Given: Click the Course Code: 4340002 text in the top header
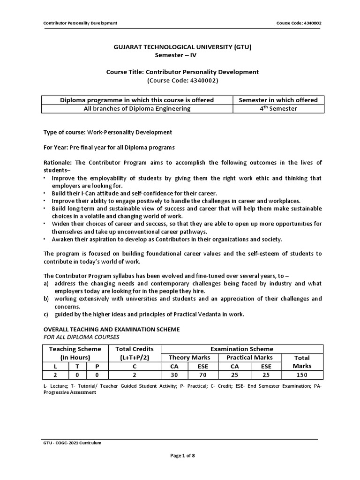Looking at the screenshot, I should pos(300,23).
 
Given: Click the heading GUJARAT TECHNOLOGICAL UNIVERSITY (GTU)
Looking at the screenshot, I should pos(180,47).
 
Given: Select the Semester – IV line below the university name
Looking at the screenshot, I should pos(180,55).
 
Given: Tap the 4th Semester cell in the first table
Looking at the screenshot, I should pos(278,109).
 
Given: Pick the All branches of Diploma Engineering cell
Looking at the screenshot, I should pos(137,109).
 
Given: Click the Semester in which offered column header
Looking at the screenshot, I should pos(278,100).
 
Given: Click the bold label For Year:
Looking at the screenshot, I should pos(55,147).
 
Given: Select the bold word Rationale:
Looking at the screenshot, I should pos(58,163).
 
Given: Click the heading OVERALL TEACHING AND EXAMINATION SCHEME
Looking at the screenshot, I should pos(111,330).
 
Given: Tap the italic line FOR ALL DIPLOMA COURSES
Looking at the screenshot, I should pos(81,337).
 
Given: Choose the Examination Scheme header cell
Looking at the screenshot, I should pos(242,349).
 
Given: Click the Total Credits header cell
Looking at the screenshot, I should pos(134,353).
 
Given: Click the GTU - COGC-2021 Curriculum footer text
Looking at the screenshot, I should pos(72,442).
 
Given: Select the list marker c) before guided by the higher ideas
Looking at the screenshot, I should pos(46,314).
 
